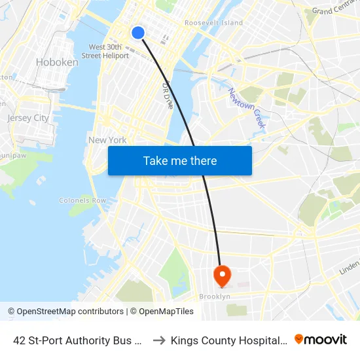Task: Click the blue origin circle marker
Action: (138, 32)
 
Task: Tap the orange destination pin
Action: (222, 275)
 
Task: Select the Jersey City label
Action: (28, 118)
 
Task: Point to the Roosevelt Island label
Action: (213, 23)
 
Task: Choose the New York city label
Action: (107, 140)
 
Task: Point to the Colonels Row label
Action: (82, 200)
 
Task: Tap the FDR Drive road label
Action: (167, 95)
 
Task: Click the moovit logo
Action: (321, 340)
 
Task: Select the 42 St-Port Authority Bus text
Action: (78, 340)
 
